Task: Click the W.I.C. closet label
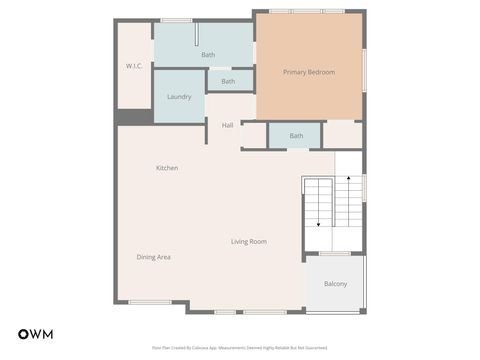[133, 66]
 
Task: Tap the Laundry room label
[179, 97]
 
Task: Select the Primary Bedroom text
[308, 72]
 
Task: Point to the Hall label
[227, 125]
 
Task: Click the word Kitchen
[167, 168]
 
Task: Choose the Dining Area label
[154, 257]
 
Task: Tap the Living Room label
[248, 242]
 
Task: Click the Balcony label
[335, 284]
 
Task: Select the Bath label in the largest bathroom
[208, 55]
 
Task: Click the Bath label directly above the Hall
[228, 82]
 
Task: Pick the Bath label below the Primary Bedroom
[296, 136]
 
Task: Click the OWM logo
[36, 333]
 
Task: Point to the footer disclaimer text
[239, 348]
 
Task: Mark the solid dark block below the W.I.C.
[134, 117]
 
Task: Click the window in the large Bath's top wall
[177, 20]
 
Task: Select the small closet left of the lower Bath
[254, 135]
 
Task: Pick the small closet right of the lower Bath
[342, 134]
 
